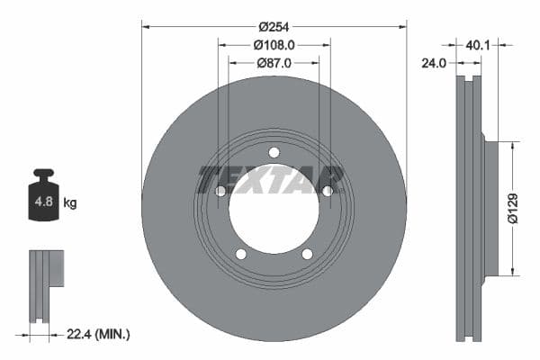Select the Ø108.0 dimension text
274,44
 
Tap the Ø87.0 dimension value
274,63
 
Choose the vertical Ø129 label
512,208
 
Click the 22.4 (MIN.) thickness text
99,334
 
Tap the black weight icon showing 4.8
43,197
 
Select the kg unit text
70,203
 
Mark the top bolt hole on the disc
274,152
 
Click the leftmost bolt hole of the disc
220,191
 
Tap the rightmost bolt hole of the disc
328,191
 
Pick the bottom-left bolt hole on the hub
241,254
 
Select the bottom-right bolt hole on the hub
307,254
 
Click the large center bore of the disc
274,209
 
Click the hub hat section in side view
491,209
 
